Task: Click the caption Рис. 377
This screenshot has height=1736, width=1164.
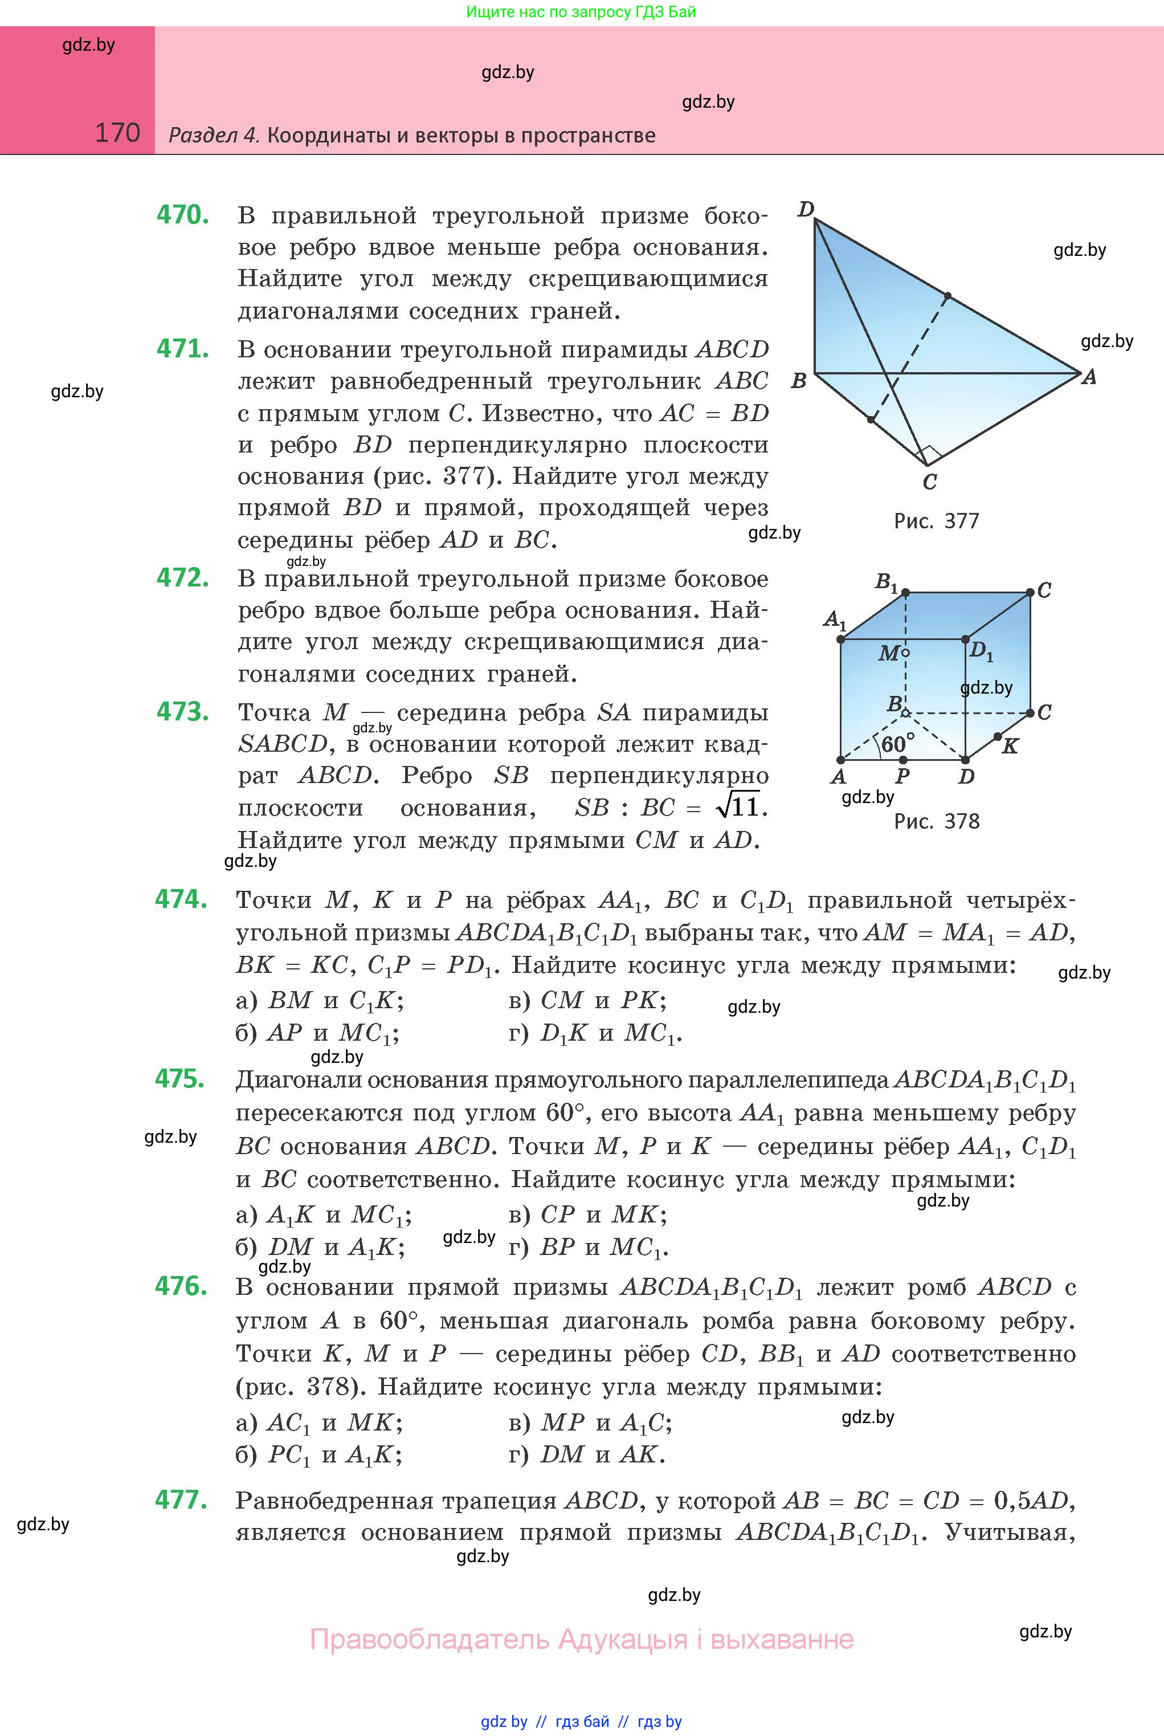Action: [936, 521]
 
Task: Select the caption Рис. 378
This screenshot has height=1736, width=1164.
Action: [936, 821]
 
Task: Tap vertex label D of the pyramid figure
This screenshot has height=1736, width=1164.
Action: [806, 209]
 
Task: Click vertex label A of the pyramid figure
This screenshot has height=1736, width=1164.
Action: [1089, 377]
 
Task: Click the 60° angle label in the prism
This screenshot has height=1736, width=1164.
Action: [897, 743]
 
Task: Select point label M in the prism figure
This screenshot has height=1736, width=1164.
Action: [889, 653]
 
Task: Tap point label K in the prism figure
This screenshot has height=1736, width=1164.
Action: [1010, 746]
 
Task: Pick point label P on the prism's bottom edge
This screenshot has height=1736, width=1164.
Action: [902, 777]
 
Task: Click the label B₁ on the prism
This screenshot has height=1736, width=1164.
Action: [887, 581]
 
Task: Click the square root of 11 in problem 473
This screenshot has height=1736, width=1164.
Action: [740, 806]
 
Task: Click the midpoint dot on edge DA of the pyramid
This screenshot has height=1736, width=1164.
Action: [948, 296]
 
